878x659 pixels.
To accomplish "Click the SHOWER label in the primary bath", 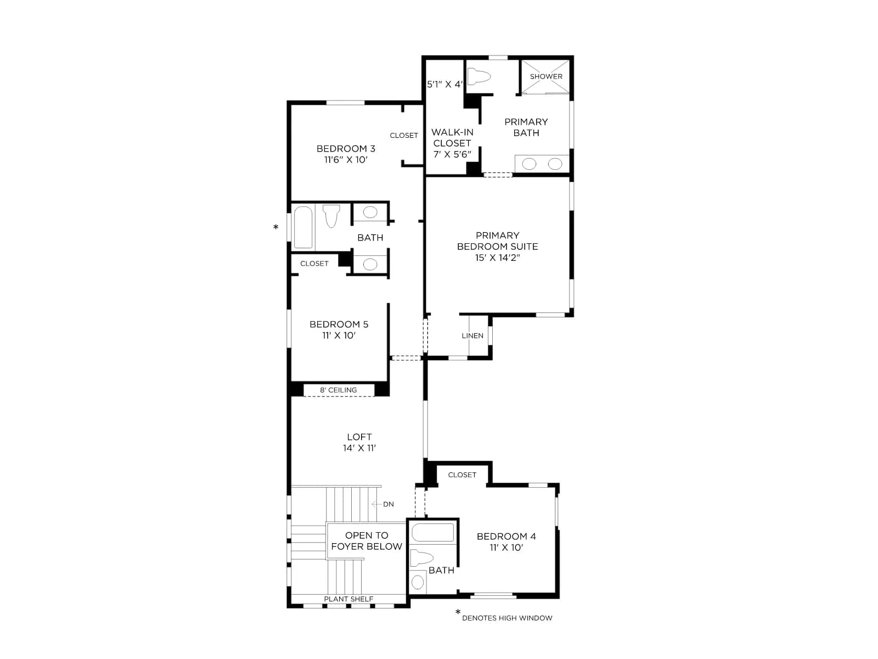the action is pyautogui.click(x=545, y=76).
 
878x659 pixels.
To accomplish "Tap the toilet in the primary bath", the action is pyautogui.click(x=479, y=76).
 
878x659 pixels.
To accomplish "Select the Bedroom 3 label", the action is pyautogui.click(x=346, y=149).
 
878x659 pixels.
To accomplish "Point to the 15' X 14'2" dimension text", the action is pyautogui.click(x=497, y=258).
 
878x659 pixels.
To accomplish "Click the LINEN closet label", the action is pyautogui.click(x=472, y=336).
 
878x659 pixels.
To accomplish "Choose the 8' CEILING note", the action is pyautogui.click(x=338, y=390).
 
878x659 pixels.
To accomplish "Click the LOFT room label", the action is pyautogui.click(x=359, y=437).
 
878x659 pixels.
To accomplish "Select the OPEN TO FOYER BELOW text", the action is pyautogui.click(x=367, y=541).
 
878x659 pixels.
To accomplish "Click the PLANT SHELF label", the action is pyautogui.click(x=348, y=599).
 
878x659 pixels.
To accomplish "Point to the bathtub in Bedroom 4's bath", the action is pyautogui.click(x=433, y=533).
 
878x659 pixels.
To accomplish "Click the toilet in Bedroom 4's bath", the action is pyautogui.click(x=421, y=558).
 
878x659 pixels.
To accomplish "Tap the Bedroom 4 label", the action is pyautogui.click(x=506, y=536).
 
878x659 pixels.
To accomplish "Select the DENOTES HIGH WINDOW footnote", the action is pyautogui.click(x=507, y=618).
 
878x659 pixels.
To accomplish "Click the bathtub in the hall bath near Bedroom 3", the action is pyautogui.click(x=303, y=227).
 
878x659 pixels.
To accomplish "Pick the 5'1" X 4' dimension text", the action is pyautogui.click(x=445, y=85).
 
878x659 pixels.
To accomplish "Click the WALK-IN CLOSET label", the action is pyautogui.click(x=452, y=138).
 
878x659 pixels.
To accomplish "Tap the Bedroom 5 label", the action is pyautogui.click(x=339, y=325).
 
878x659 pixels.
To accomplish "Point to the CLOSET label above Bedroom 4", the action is pyautogui.click(x=462, y=475).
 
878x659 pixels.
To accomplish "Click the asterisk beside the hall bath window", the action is pyautogui.click(x=275, y=227).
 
